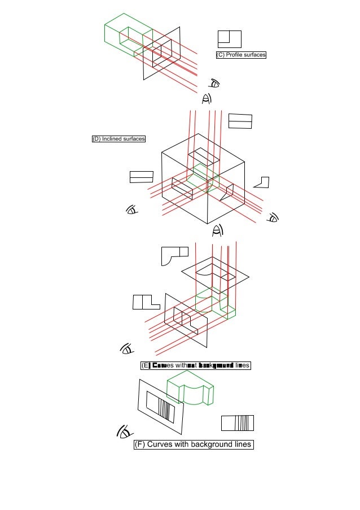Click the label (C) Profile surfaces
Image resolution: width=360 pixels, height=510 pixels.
241,55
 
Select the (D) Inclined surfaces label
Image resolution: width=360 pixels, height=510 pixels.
118,139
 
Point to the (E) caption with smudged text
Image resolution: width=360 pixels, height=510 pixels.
195,365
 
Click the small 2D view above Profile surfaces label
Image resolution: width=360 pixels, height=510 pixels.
229,39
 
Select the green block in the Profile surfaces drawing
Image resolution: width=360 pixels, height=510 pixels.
127,35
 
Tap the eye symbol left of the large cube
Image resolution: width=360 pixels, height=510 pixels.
132,211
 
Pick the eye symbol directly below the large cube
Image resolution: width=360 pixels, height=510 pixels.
218,230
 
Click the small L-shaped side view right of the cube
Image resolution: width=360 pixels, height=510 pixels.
262,182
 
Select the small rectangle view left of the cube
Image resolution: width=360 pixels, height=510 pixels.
141,177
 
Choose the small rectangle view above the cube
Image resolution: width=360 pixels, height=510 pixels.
240,121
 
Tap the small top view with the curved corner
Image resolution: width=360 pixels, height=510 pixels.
174,255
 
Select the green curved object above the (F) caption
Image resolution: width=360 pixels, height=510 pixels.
191,392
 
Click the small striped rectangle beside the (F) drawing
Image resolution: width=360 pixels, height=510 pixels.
237,422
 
